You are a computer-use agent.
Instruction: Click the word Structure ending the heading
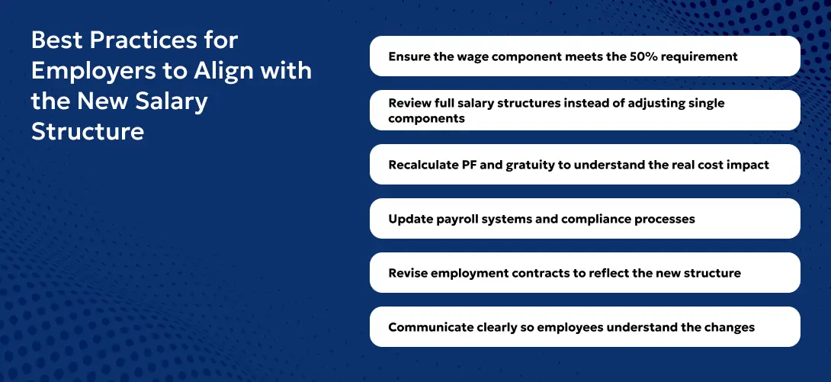(87, 131)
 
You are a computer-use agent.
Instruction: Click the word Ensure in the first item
(410, 56)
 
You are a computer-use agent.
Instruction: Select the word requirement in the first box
(699, 56)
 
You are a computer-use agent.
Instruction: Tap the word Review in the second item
(411, 103)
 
